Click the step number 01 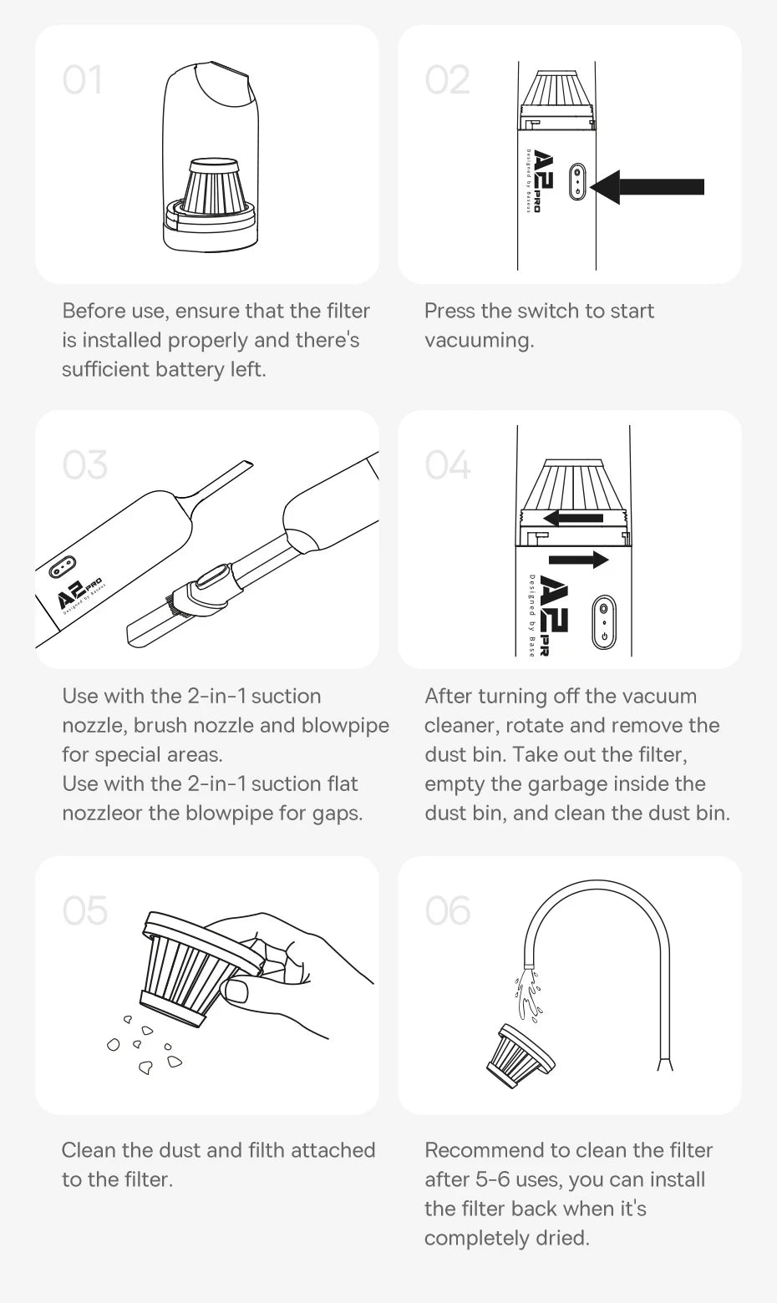click(82, 79)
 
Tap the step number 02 click(447, 79)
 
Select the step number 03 click(85, 465)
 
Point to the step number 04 click(448, 465)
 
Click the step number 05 click(85, 911)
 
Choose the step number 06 click(448, 911)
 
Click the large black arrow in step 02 click(647, 187)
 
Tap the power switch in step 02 click(576, 181)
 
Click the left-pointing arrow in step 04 click(572, 517)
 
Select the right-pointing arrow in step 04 click(578, 560)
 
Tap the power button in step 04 click(603, 621)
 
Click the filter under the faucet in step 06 click(520, 1056)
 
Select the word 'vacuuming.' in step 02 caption click(479, 340)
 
